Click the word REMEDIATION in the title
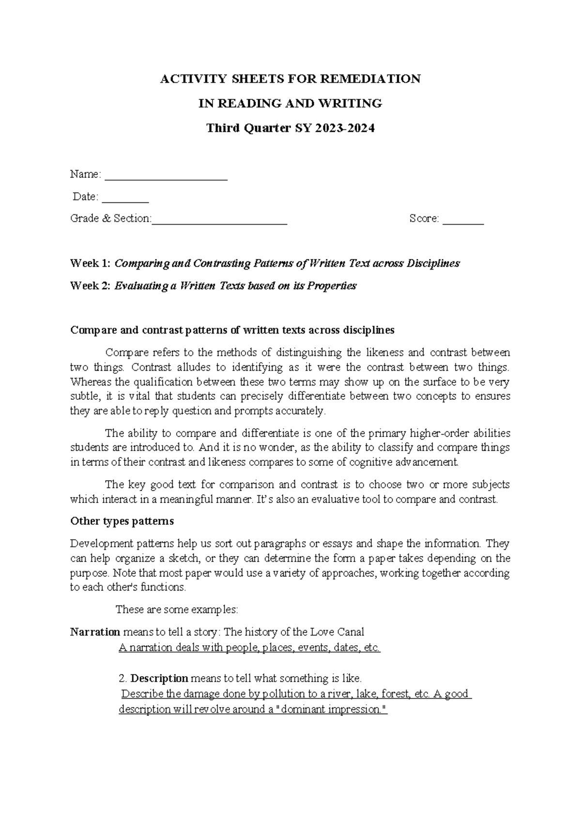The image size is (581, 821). pos(373,78)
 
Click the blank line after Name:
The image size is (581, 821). pos(166,175)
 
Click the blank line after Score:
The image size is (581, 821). pos(463,219)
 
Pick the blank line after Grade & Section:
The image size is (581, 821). pos(219,219)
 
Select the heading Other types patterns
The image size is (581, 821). pos(122,521)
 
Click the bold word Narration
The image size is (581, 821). pos(95,632)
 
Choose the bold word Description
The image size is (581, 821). pos(159,678)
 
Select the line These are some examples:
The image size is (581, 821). pos(177,609)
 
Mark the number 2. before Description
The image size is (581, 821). pos(122,678)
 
